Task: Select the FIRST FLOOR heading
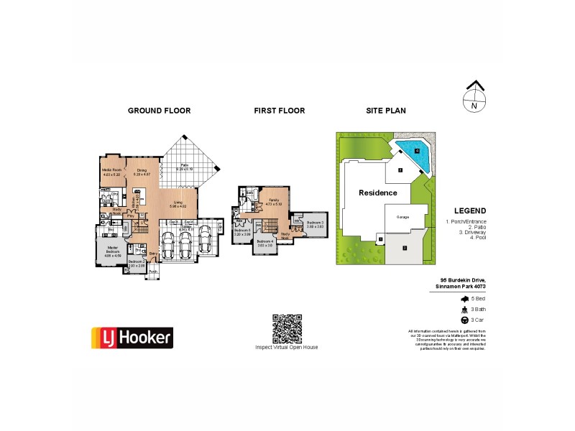tap(280, 111)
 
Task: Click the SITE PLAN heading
tap(386, 111)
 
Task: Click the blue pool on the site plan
tap(414, 152)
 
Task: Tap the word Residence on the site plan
tap(377, 193)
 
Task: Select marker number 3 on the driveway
tap(405, 248)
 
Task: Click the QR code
tap(287, 328)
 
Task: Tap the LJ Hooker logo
tap(131, 336)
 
